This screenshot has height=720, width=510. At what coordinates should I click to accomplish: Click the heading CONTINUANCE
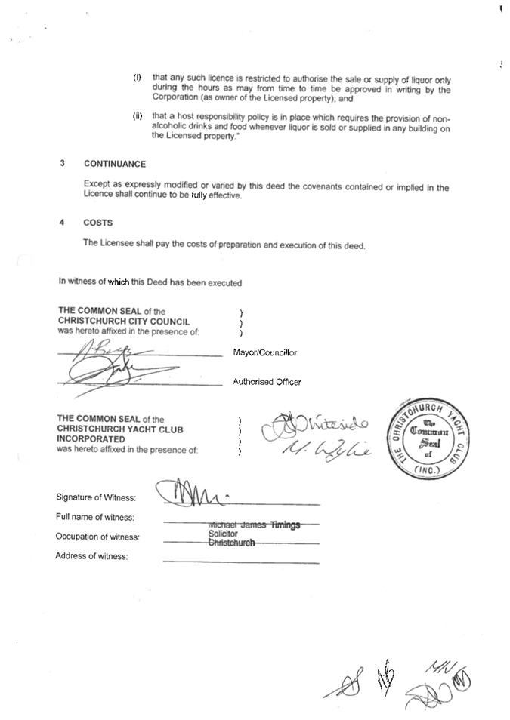pyautogui.click(x=115, y=164)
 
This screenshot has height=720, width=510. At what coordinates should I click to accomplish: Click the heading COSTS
pyautogui.click(x=99, y=223)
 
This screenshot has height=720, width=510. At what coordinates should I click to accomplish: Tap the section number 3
pyautogui.click(x=62, y=164)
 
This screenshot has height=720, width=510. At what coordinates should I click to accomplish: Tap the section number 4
pyautogui.click(x=62, y=223)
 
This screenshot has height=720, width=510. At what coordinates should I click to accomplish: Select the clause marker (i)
pyautogui.click(x=138, y=78)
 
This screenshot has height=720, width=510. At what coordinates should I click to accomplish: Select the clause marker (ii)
pyautogui.click(x=138, y=117)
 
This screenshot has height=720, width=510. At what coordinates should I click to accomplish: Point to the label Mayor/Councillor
pyautogui.click(x=265, y=352)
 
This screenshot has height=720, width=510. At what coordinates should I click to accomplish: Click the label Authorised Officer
pyautogui.click(x=267, y=382)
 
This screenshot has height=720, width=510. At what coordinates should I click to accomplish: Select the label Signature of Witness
pyautogui.click(x=96, y=497)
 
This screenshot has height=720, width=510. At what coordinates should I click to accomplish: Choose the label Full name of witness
pyautogui.click(x=95, y=517)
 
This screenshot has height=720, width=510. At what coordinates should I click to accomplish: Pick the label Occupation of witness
pyautogui.click(x=97, y=537)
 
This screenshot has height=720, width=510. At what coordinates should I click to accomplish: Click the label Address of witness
pyautogui.click(x=91, y=557)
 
